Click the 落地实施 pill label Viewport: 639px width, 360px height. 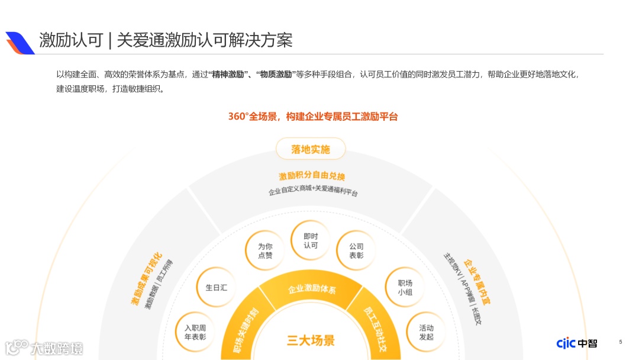tap(310, 149)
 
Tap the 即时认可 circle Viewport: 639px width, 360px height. tap(311, 240)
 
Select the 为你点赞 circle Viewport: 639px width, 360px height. tap(265, 250)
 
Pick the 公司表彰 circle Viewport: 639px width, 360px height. tap(356, 250)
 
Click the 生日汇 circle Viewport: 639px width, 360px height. tap(216, 287)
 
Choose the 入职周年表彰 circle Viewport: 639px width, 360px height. tap(195, 332)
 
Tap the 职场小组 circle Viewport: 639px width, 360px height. tap(405, 287)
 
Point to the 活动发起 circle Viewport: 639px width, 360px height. tap(426, 332)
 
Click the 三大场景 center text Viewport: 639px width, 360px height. tap(311, 340)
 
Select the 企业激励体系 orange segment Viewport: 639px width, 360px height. tap(312, 290)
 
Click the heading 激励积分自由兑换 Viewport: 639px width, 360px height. tap(312, 176)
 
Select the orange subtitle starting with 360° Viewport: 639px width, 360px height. tap(313, 117)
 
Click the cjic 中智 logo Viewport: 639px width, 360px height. tap(576, 343)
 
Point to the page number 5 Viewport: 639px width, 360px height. tap(620, 342)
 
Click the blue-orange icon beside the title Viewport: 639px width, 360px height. tap(20, 42)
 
